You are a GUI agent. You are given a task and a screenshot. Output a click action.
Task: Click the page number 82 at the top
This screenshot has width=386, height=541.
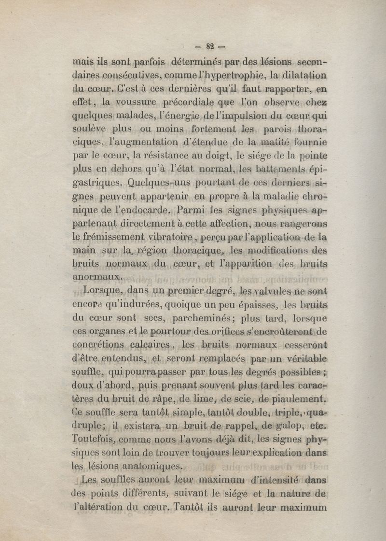click(x=209, y=47)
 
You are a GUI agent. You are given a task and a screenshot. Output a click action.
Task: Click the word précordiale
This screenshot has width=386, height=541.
click(x=191, y=102)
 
